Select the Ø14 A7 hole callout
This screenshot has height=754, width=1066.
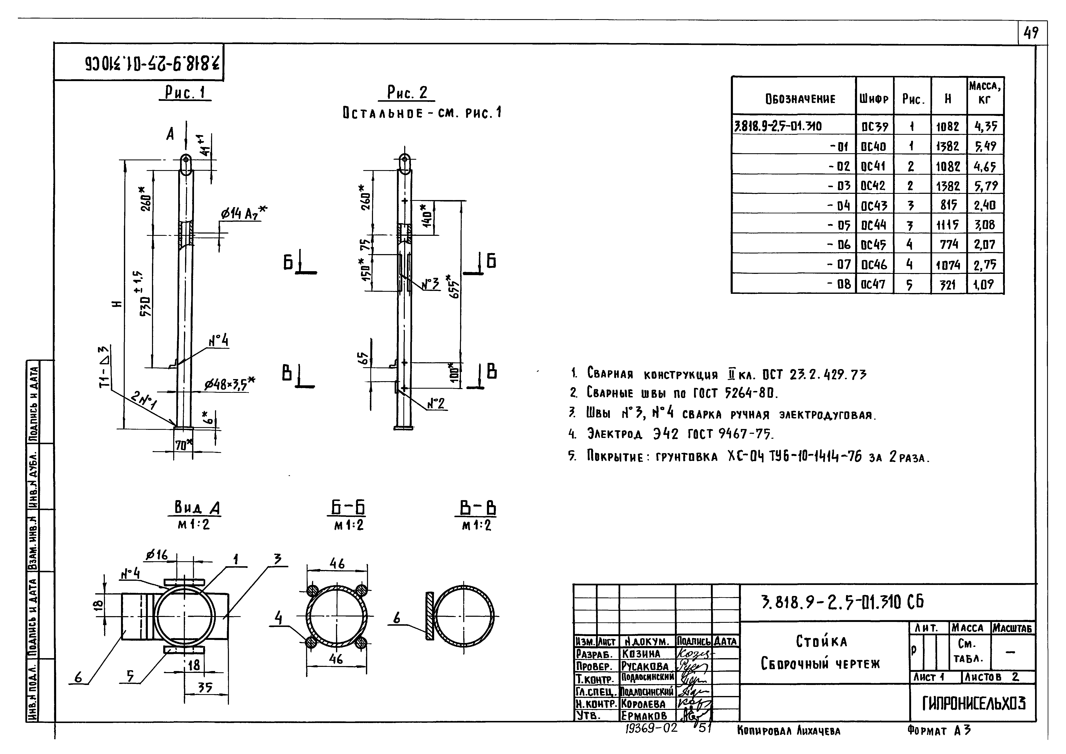click(243, 213)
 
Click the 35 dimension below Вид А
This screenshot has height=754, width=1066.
click(205, 688)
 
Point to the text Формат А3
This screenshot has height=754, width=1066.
click(939, 731)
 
